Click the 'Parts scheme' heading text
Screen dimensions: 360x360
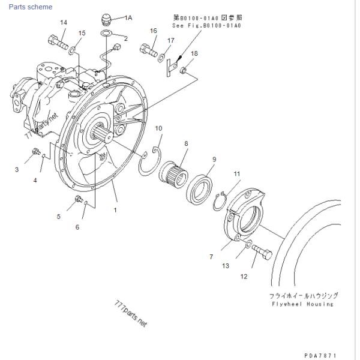pyautogui.click(x=30, y=7)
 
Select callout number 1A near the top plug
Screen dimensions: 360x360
pyautogui.click(x=128, y=18)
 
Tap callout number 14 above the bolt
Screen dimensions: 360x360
pyautogui.click(x=64, y=23)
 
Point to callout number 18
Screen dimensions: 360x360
pyautogui.click(x=194, y=54)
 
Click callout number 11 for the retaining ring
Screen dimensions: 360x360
pyautogui.click(x=237, y=174)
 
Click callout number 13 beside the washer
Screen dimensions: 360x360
pyautogui.click(x=226, y=265)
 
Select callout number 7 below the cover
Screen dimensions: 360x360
pyautogui.click(x=211, y=257)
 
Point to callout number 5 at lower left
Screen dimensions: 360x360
pyautogui.click(x=59, y=217)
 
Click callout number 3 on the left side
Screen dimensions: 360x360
pyautogui.click(x=17, y=170)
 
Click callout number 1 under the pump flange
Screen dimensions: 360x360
pyautogui.click(x=115, y=211)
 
